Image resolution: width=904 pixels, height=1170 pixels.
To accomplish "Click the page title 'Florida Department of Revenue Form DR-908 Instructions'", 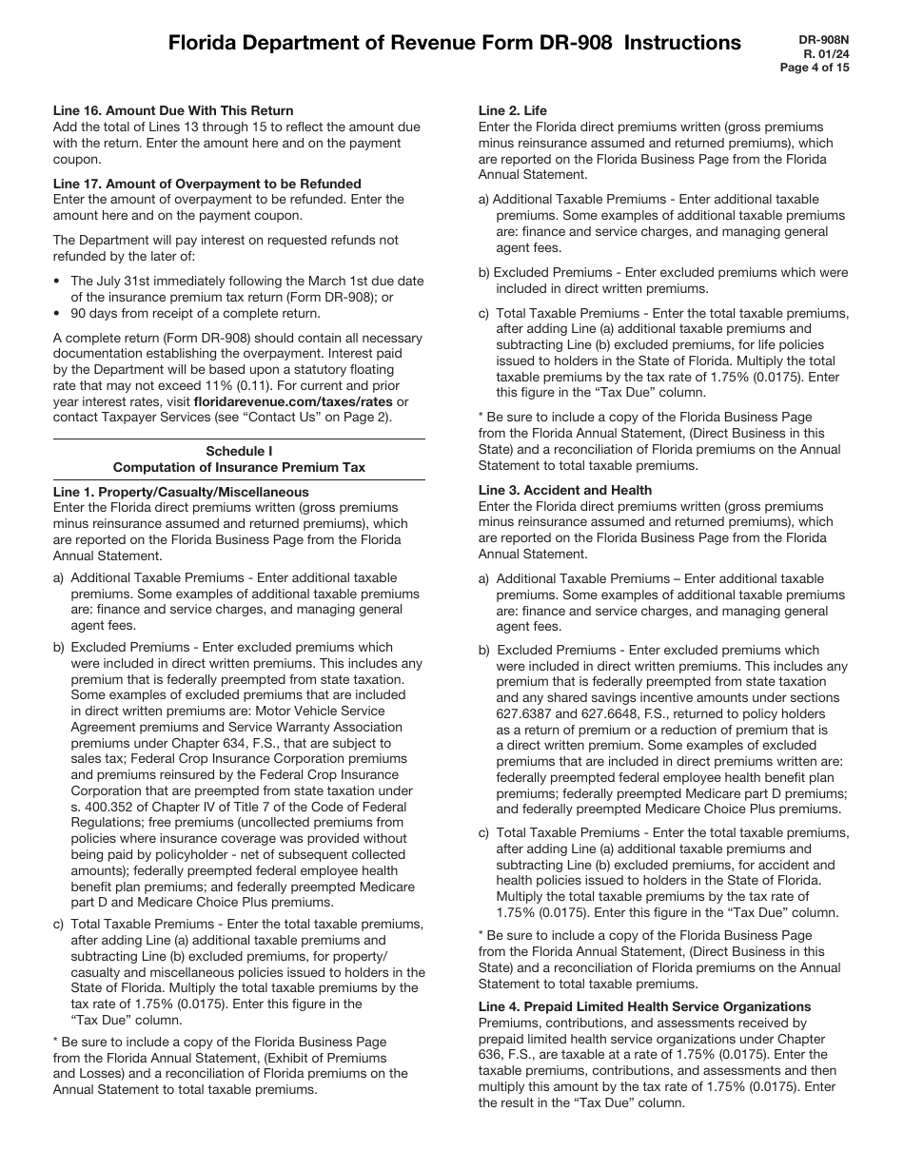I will tap(454, 43).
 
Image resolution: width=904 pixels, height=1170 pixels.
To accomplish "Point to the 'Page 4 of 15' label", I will tap(815, 68).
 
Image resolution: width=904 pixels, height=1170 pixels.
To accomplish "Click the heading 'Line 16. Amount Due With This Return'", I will tap(173, 110).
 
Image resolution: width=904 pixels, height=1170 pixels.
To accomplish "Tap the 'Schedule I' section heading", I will tap(239, 452).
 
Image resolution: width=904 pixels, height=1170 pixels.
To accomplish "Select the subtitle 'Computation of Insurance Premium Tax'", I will tap(239, 467).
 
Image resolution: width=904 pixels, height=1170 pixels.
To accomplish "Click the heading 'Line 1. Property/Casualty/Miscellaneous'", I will tap(181, 492).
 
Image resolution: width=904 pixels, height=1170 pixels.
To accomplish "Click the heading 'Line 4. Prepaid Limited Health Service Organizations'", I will tap(644, 1006).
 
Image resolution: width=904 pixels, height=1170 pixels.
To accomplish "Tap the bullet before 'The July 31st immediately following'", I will tap(58, 282).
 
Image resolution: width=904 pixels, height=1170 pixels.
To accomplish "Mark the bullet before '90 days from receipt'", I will tap(58, 313).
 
